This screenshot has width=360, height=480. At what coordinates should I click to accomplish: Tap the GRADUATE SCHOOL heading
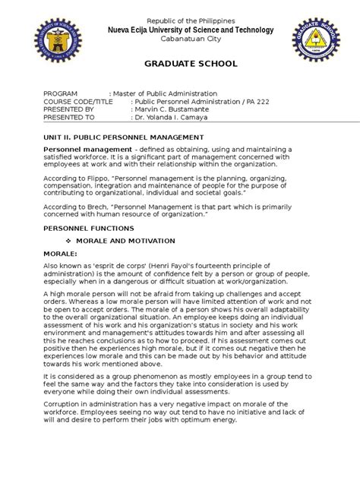coord(181,66)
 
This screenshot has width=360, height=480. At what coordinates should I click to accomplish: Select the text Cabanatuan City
coord(180,40)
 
